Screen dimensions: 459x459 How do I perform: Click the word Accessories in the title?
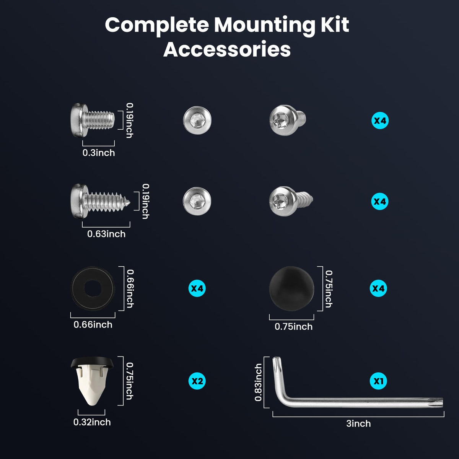tap(227, 50)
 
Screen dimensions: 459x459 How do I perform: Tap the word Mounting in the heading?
tap(264, 26)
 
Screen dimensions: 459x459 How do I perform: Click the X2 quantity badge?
tap(197, 381)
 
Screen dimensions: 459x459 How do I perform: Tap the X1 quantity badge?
tap(378, 381)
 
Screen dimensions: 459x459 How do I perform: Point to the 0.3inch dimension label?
tap(99, 153)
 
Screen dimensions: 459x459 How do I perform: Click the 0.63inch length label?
tap(106, 234)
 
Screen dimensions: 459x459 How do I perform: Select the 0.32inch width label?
tap(92, 422)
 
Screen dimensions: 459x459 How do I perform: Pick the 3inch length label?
tap(358, 423)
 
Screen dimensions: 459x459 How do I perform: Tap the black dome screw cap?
tap(291, 288)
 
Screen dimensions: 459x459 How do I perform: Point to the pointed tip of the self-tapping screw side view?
tap(129, 203)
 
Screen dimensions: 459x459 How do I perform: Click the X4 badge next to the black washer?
tap(197, 288)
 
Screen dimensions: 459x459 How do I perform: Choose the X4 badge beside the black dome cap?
tap(378, 288)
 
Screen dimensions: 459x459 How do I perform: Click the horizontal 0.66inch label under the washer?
tap(93, 324)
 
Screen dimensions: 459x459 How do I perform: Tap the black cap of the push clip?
tap(92, 362)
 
